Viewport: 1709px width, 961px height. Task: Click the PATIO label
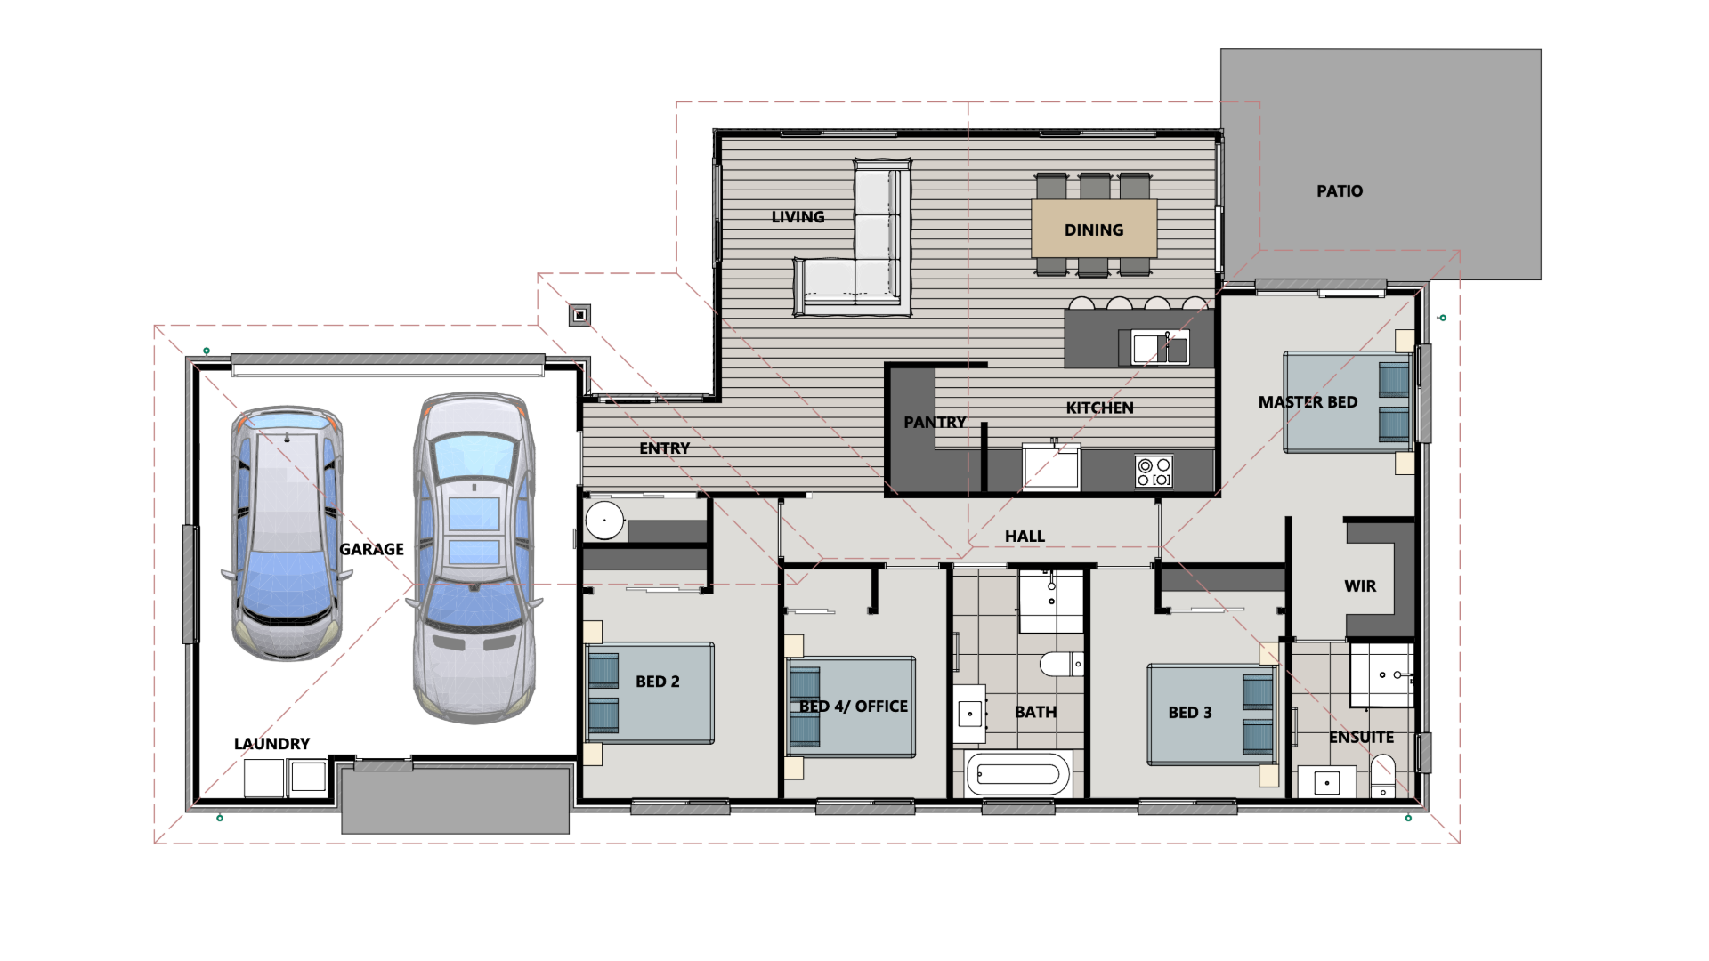point(1340,191)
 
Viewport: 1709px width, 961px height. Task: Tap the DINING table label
point(1094,230)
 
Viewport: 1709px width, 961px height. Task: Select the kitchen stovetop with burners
point(1154,472)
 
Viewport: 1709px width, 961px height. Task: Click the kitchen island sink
point(1159,348)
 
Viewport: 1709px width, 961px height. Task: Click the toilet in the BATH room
point(1060,664)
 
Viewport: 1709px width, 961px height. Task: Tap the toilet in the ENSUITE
point(1383,775)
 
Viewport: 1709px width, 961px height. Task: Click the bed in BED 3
point(1211,715)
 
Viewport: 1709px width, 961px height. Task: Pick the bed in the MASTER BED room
point(1347,402)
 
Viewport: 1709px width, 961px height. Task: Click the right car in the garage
point(474,556)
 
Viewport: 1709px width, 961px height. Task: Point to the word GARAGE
point(372,550)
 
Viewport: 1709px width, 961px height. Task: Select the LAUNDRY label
point(271,744)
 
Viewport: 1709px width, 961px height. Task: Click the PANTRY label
point(935,423)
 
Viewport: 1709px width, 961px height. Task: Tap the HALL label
point(1025,537)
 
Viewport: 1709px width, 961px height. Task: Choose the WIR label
point(1360,586)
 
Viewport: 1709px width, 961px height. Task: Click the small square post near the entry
point(579,315)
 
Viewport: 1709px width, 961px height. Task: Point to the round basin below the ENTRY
point(604,521)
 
